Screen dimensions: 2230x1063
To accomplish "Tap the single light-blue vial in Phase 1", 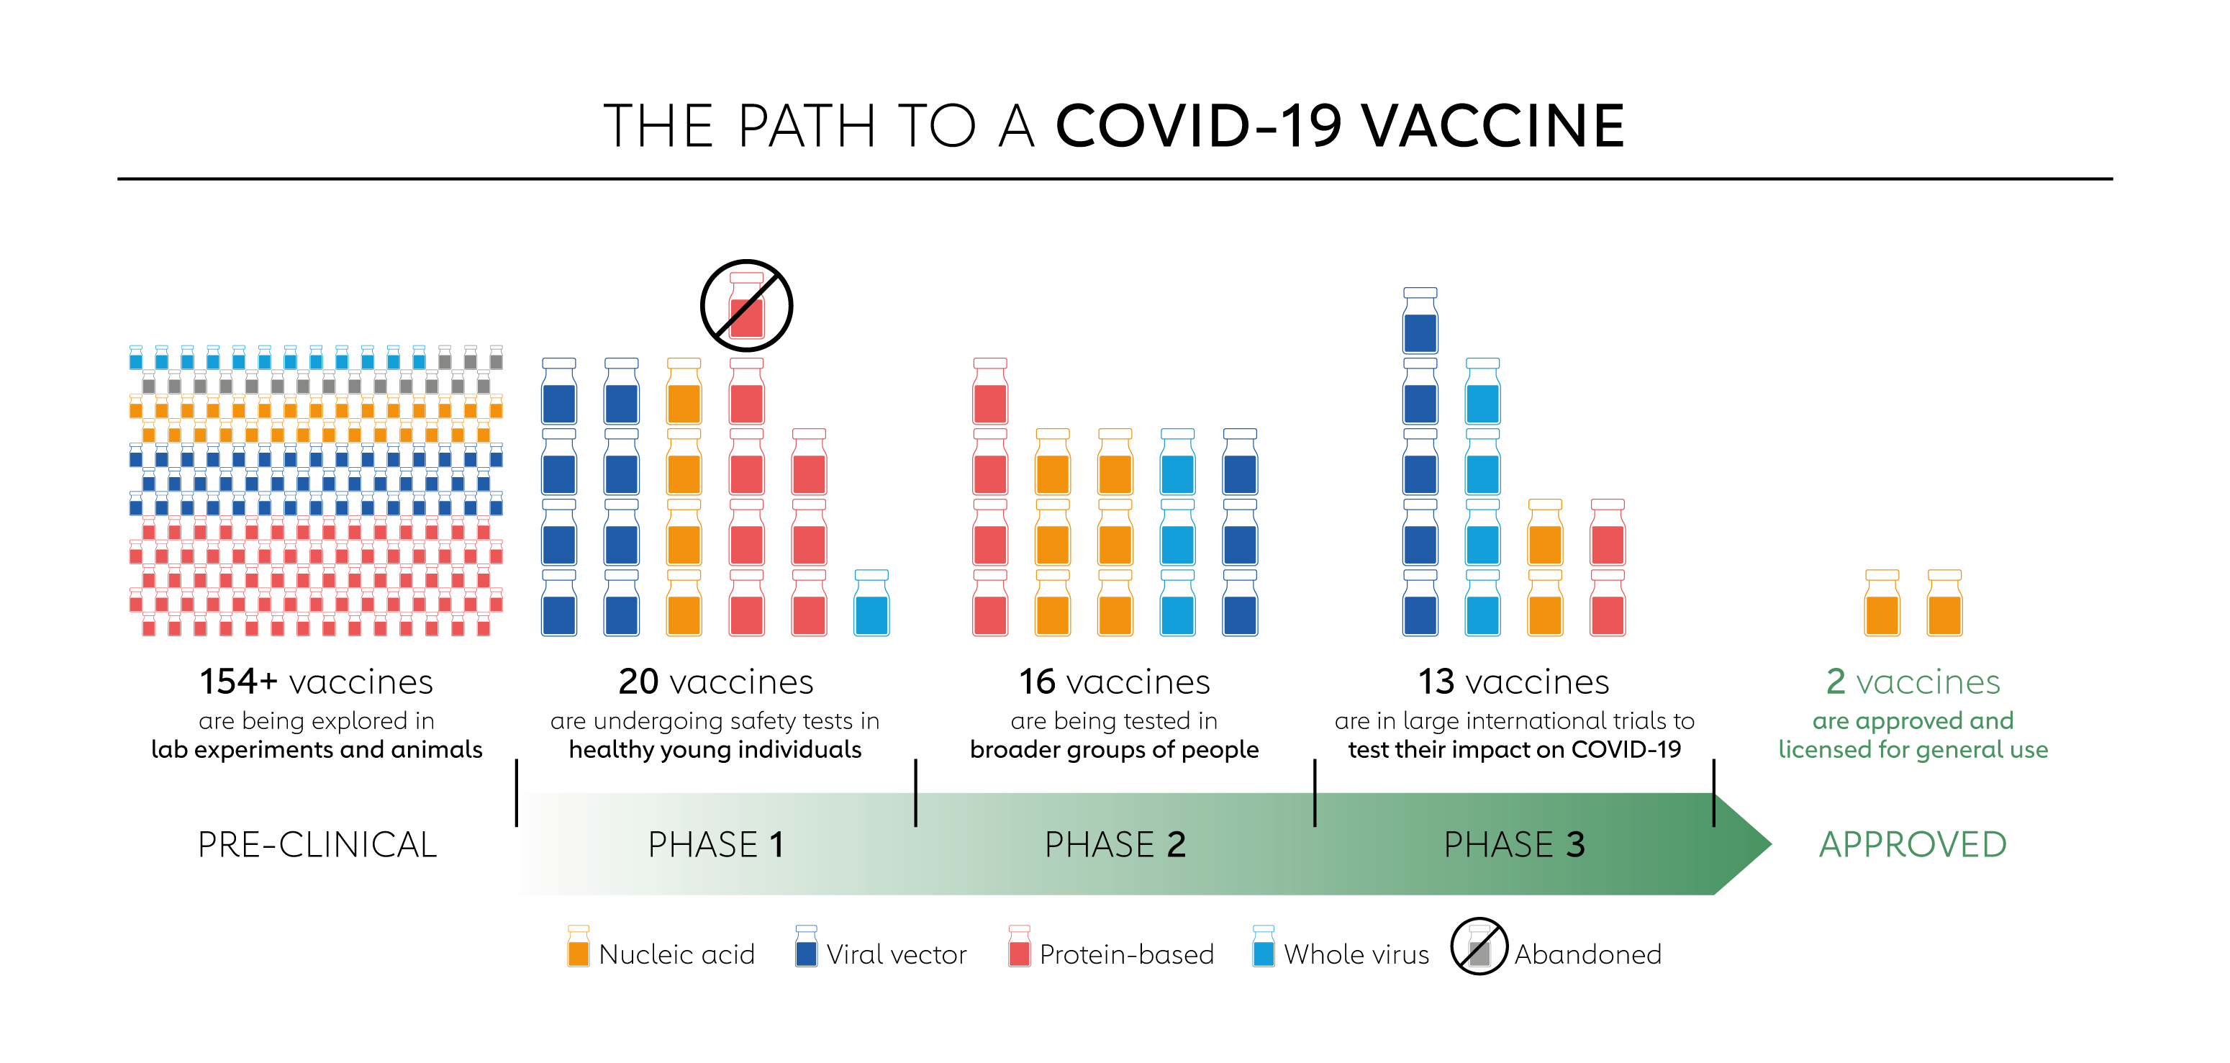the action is (x=871, y=602).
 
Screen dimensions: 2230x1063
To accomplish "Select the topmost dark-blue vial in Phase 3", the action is (x=1420, y=320).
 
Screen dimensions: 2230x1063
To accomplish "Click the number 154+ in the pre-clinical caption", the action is (x=238, y=682).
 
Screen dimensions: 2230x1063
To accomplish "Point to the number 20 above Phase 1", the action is (x=639, y=682).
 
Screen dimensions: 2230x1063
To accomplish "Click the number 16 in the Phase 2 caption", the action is (x=1037, y=682).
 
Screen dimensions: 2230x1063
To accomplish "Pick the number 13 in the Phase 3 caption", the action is (x=1436, y=682).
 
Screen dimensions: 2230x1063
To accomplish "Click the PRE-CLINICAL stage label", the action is (x=317, y=845).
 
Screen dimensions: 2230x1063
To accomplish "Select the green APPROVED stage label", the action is (x=1913, y=845).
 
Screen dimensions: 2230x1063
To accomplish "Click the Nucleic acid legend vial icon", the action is (x=579, y=946).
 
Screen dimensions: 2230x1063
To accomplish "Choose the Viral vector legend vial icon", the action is (x=806, y=946).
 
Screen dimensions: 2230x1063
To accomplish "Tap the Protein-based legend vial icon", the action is (x=1019, y=946).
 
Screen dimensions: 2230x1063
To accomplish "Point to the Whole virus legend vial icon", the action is (x=1263, y=946).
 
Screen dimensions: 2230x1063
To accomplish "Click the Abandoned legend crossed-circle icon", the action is (x=1479, y=946).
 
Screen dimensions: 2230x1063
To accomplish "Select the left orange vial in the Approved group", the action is (x=1882, y=602).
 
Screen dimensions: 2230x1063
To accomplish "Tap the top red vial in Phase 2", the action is (x=989, y=392).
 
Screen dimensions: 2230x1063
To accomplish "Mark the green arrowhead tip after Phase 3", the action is (x=1771, y=844).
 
